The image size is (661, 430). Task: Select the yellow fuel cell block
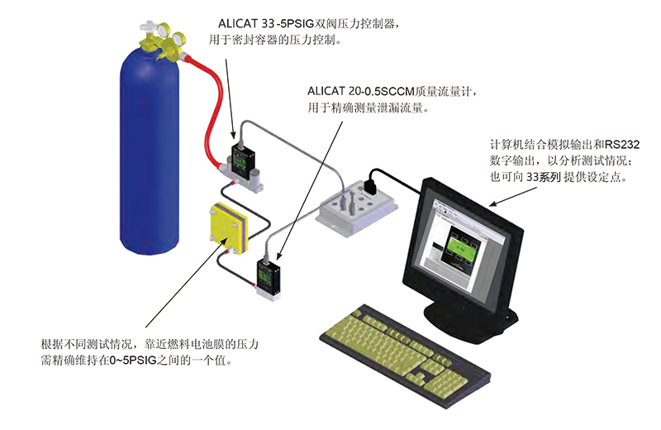click(228, 227)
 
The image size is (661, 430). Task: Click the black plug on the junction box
click(373, 178)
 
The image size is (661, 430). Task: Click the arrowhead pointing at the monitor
click(494, 202)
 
